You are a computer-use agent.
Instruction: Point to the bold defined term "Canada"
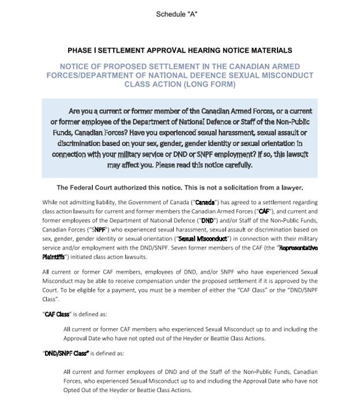(x=206, y=203)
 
